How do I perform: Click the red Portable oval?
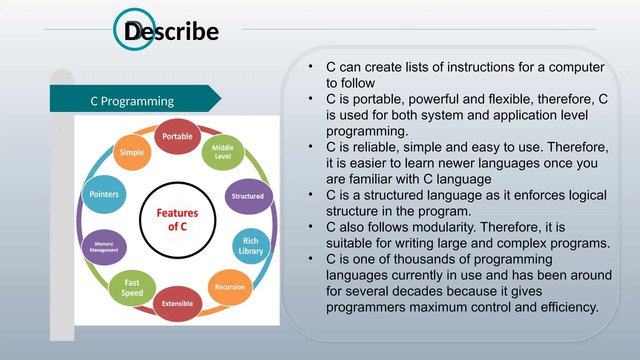pos(177,137)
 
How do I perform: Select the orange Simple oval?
pos(132,152)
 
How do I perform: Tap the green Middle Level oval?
pos(223,152)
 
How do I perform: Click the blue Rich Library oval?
pos(251,246)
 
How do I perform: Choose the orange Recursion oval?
pos(230,287)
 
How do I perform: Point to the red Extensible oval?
pos(177,303)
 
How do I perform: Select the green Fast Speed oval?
pos(132,288)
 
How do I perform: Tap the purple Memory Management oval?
pos(104,247)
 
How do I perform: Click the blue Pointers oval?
pos(104,194)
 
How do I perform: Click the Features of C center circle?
pos(177,220)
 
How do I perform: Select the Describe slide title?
pos(171,31)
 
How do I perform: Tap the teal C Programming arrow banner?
pos(132,101)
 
